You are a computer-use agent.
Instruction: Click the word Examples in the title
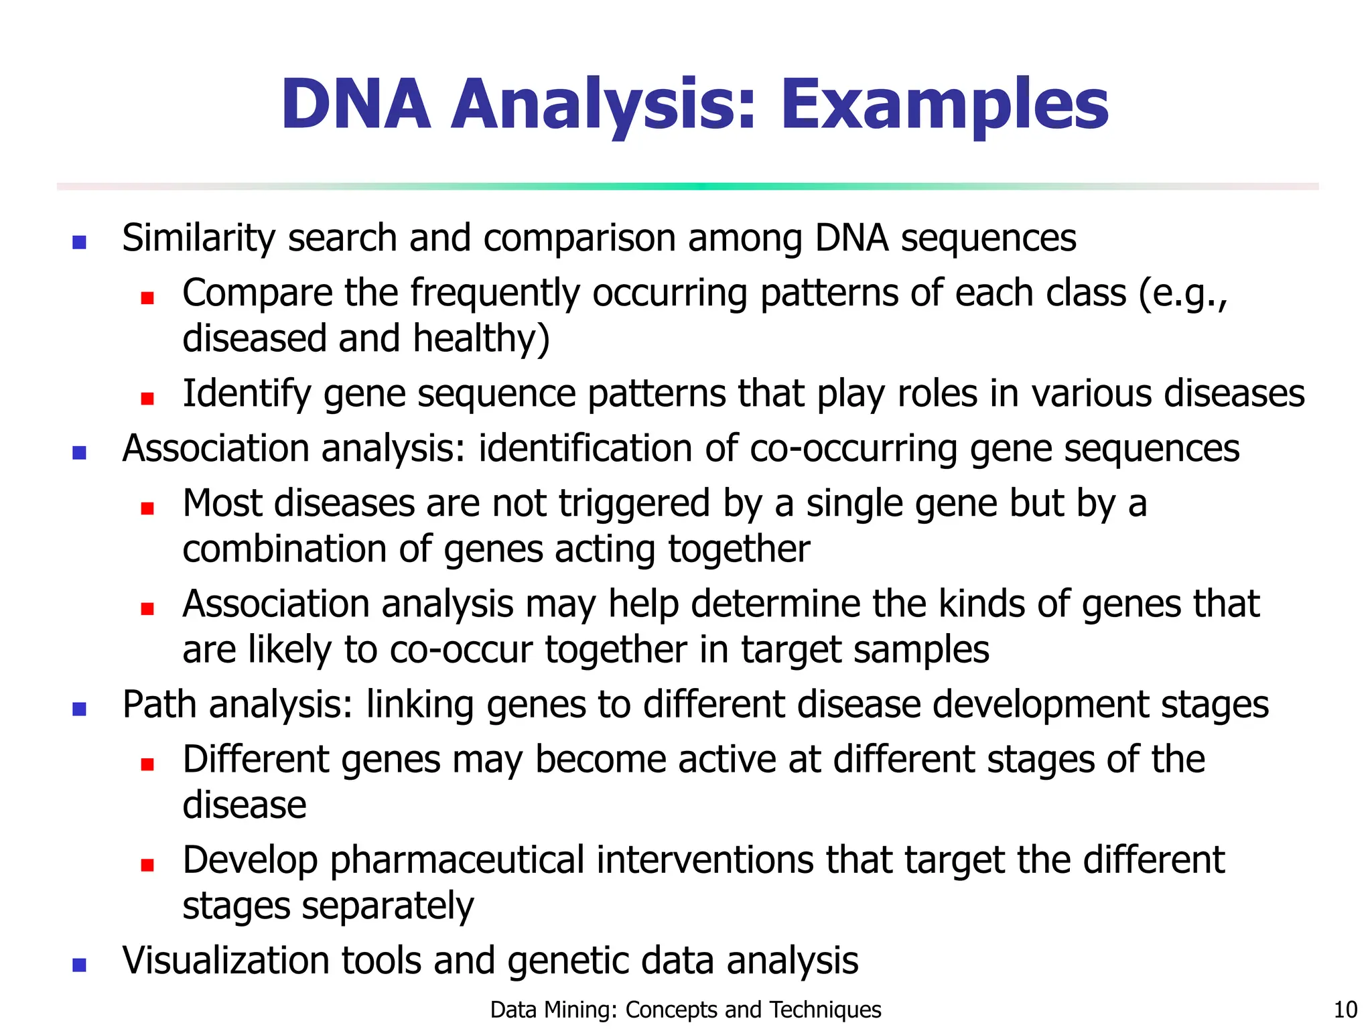pos(944,105)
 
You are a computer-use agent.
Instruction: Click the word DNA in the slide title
pos(355,105)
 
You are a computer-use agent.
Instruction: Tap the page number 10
pos(1345,1010)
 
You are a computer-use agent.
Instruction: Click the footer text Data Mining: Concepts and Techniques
pos(685,1010)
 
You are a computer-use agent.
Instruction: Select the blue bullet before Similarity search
pos(79,242)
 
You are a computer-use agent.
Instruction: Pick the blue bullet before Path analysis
pos(79,709)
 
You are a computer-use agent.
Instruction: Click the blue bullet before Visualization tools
pos(79,965)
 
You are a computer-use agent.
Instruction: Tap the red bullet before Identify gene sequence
pos(147,399)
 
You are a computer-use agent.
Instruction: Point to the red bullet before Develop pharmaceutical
pos(147,865)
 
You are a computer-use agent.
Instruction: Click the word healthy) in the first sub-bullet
pos(481,338)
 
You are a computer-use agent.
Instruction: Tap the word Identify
pos(247,394)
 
